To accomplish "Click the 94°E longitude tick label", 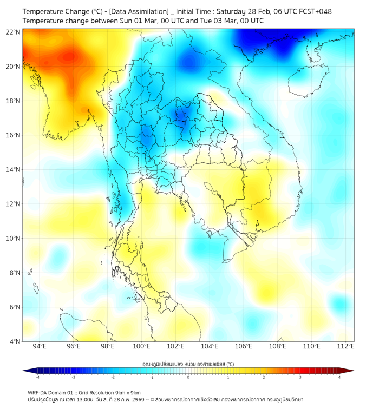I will pos(40,346).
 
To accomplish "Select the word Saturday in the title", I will pos(233,11).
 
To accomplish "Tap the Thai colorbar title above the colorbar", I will pos(188,365).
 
